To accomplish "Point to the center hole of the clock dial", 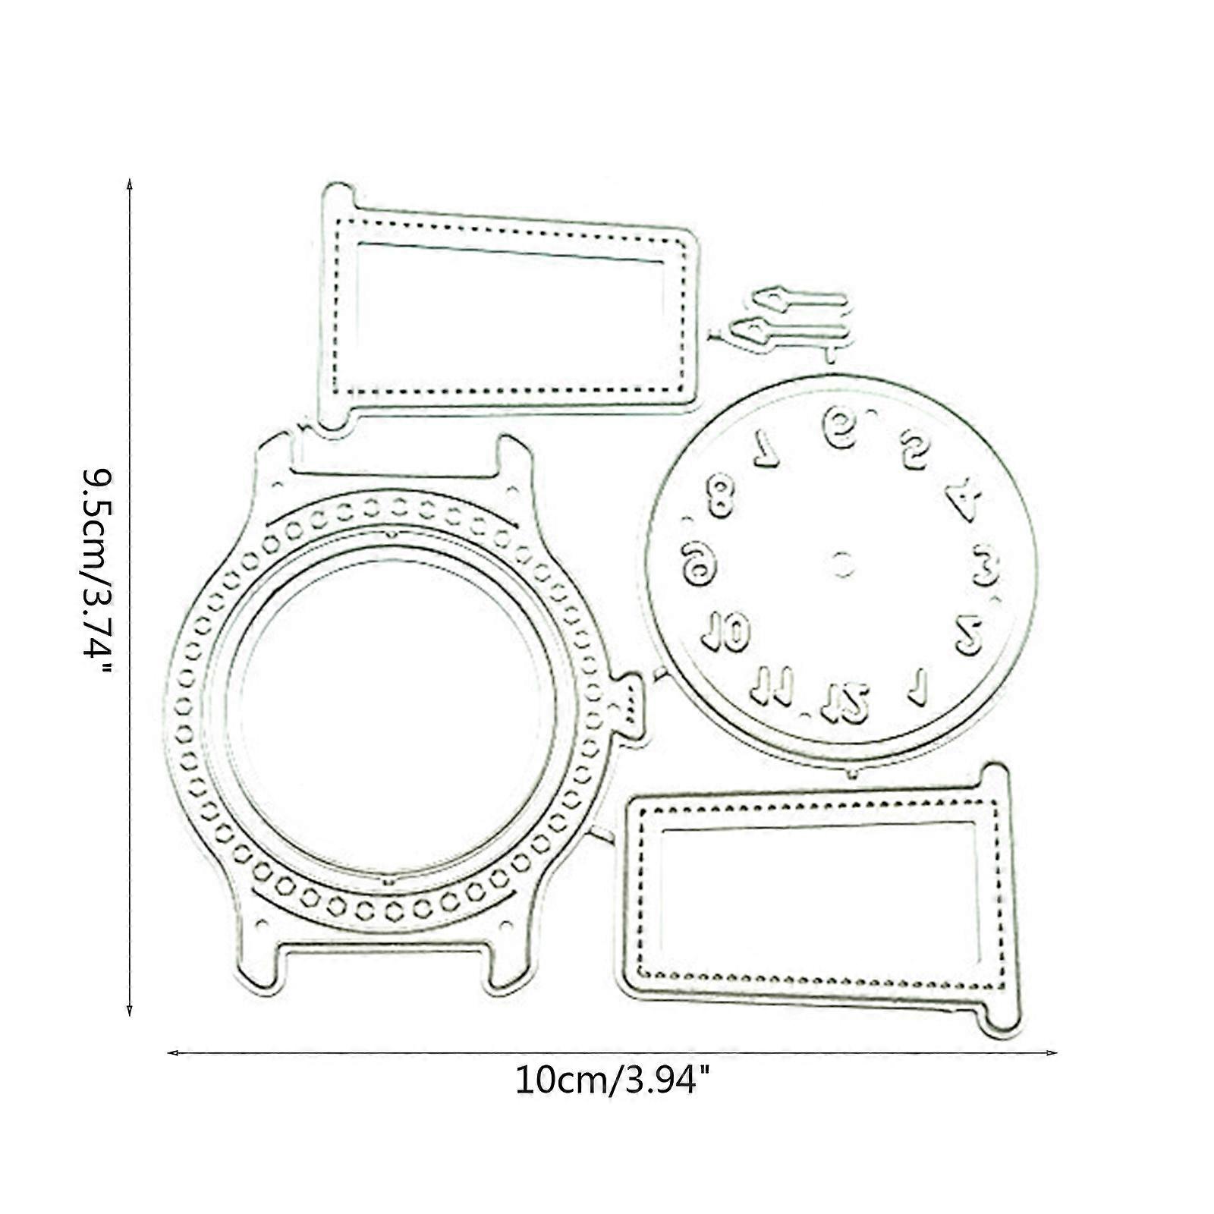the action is point(841,564).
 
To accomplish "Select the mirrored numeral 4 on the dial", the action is point(964,499).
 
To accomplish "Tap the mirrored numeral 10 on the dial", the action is point(726,631).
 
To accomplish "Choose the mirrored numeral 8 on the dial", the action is point(719,495).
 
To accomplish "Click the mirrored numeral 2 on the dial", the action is point(969,634).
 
